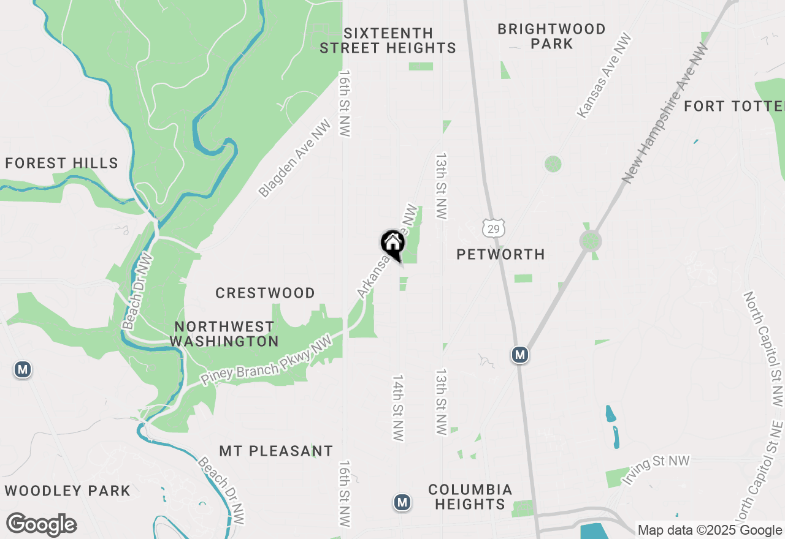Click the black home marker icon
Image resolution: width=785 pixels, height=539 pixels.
[392, 244]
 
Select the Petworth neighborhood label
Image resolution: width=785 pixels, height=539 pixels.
[500, 254]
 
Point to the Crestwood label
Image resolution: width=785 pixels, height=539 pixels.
[265, 293]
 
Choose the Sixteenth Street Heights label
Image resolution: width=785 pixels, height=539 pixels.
[388, 40]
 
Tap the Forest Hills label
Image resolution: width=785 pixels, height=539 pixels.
[61, 163]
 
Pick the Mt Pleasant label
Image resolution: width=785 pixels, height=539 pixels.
[276, 451]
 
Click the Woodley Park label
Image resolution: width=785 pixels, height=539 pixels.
[67, 491]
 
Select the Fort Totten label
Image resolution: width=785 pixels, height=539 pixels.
[733, 106]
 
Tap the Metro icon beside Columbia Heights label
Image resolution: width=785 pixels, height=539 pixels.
[402, 502]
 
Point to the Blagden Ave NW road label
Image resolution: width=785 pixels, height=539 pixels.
[294, 159]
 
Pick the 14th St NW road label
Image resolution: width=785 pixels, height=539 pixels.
[398, 408]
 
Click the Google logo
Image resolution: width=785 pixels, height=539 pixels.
[42, 524]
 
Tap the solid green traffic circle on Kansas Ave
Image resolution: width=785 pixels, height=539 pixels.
[553, 164]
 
